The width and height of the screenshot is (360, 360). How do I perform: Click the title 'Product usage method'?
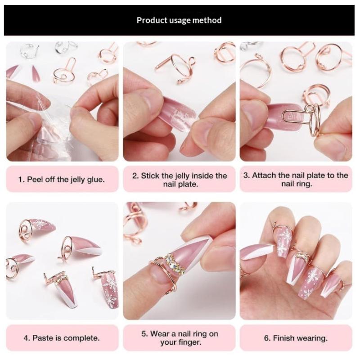[x=179, y=20]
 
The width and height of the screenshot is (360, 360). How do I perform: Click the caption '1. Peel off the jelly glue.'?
[x=62, y=179]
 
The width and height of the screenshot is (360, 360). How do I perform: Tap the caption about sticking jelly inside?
[x=180, y=180]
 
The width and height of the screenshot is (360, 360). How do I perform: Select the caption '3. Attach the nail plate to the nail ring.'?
[x=296, y=179]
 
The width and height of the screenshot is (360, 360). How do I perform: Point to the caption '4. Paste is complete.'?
[x=62, y=338]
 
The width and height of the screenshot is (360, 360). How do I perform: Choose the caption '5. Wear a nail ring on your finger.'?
[x=180, y=338]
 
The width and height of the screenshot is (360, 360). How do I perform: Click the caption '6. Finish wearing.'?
[x=296, y=338]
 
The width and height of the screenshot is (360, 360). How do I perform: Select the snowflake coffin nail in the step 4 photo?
[x=109, y=288]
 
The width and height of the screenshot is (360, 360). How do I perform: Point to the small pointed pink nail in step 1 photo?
[x=36, y=73]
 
